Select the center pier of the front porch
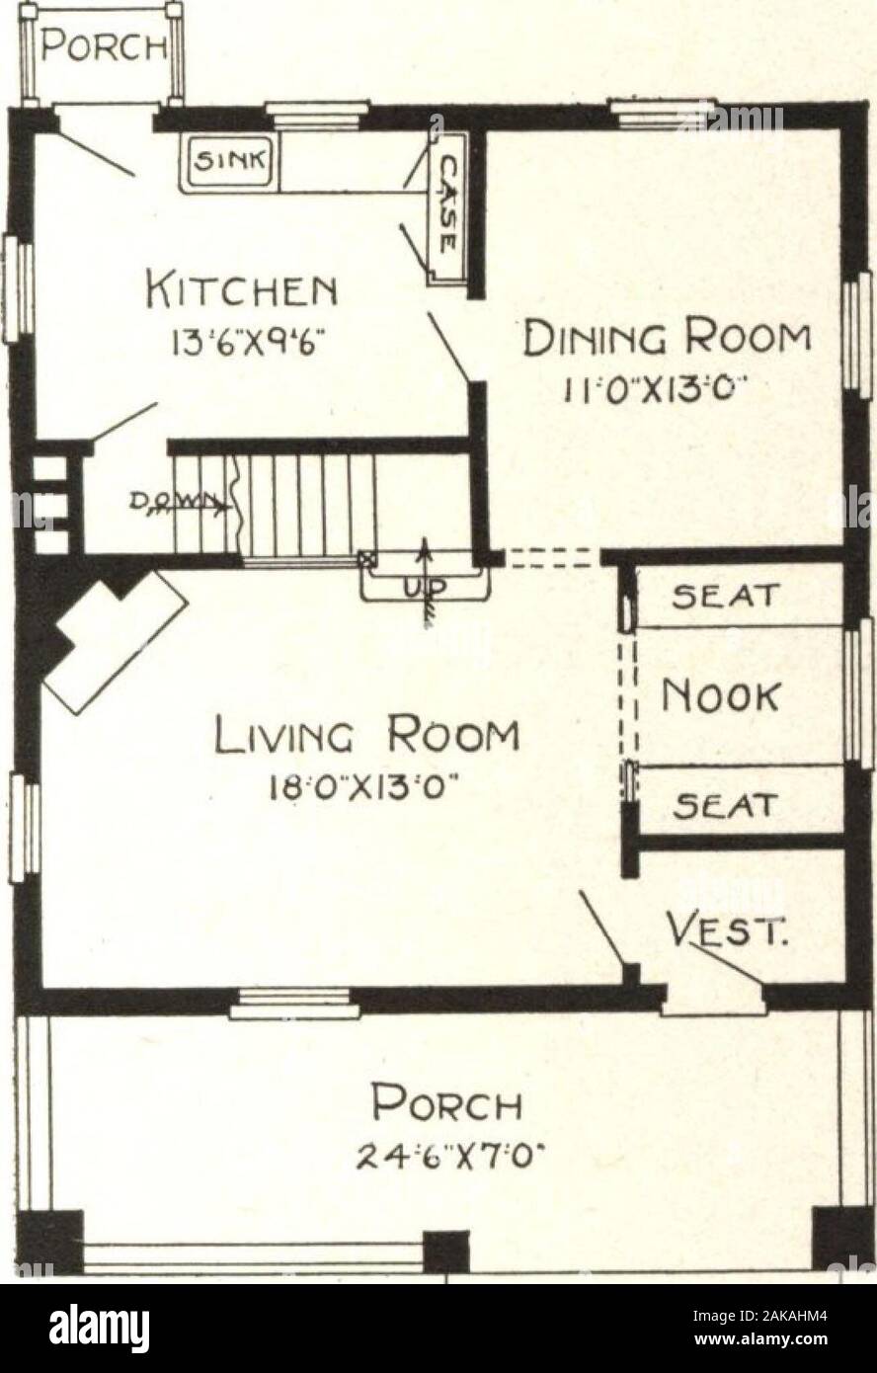pos(445,1250)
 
